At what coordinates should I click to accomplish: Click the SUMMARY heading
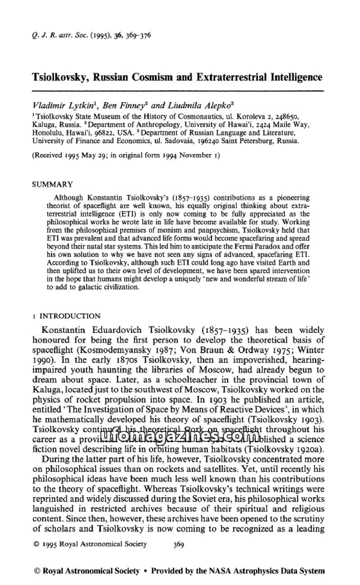(50, 185)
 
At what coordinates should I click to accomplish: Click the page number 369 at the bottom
(179, 544)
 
